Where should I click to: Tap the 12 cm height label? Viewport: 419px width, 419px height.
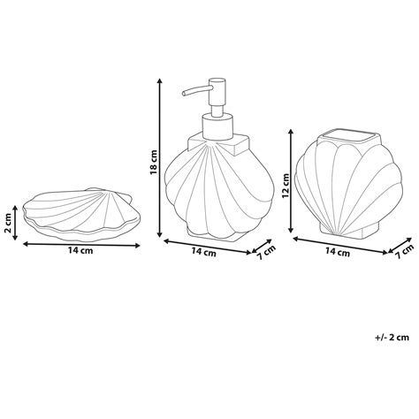click(286, 186)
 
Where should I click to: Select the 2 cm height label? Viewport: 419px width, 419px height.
click(9, 223)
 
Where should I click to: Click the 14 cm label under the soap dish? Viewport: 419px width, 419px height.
click(80, 251)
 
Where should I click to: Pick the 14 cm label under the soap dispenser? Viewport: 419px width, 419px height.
click(204, 252)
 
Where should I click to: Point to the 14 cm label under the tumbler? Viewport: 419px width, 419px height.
click(338, 252)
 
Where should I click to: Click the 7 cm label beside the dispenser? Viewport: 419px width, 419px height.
click(266, 252)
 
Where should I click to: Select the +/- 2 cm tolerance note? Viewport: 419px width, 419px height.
click(392, 337)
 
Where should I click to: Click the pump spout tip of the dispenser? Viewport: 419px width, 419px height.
click(184, 94)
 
